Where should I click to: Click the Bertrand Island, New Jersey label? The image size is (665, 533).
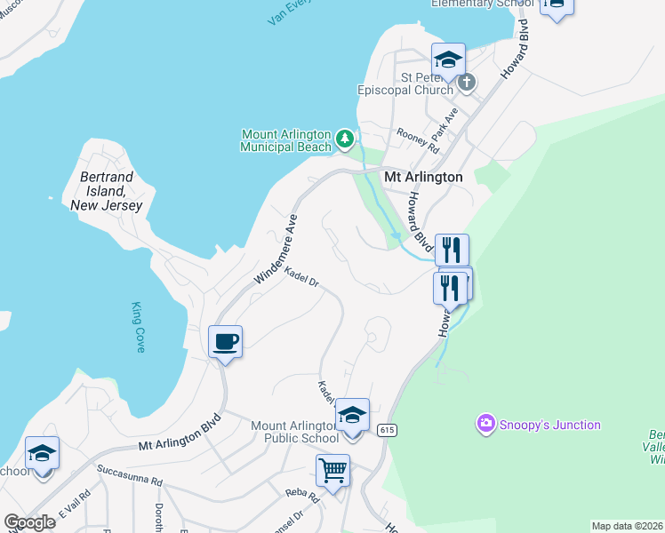point(106,191)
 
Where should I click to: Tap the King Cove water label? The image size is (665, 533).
point(138,327)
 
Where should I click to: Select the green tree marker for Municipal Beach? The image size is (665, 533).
point(345,140)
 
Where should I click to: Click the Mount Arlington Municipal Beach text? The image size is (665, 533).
point(285,140)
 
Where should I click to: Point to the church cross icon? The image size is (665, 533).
point(467,84)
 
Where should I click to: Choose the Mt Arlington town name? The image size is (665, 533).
point(423,177)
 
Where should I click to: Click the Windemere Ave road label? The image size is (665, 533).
point(276,249)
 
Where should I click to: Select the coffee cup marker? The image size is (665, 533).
point(226,341)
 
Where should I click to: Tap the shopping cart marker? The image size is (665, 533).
point(332,470)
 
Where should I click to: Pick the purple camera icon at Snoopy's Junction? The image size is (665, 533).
point(485,425)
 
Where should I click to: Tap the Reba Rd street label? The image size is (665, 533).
point(300,492)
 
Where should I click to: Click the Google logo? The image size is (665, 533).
point(29,521)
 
